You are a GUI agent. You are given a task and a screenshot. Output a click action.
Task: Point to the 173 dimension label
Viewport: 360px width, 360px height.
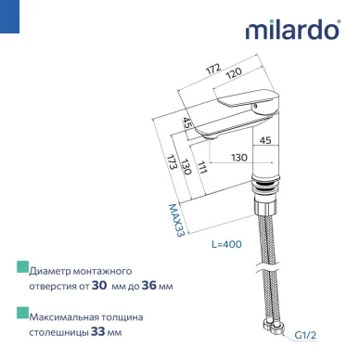171,169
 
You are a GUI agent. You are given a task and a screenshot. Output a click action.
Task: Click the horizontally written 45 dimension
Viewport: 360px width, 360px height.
264,142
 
